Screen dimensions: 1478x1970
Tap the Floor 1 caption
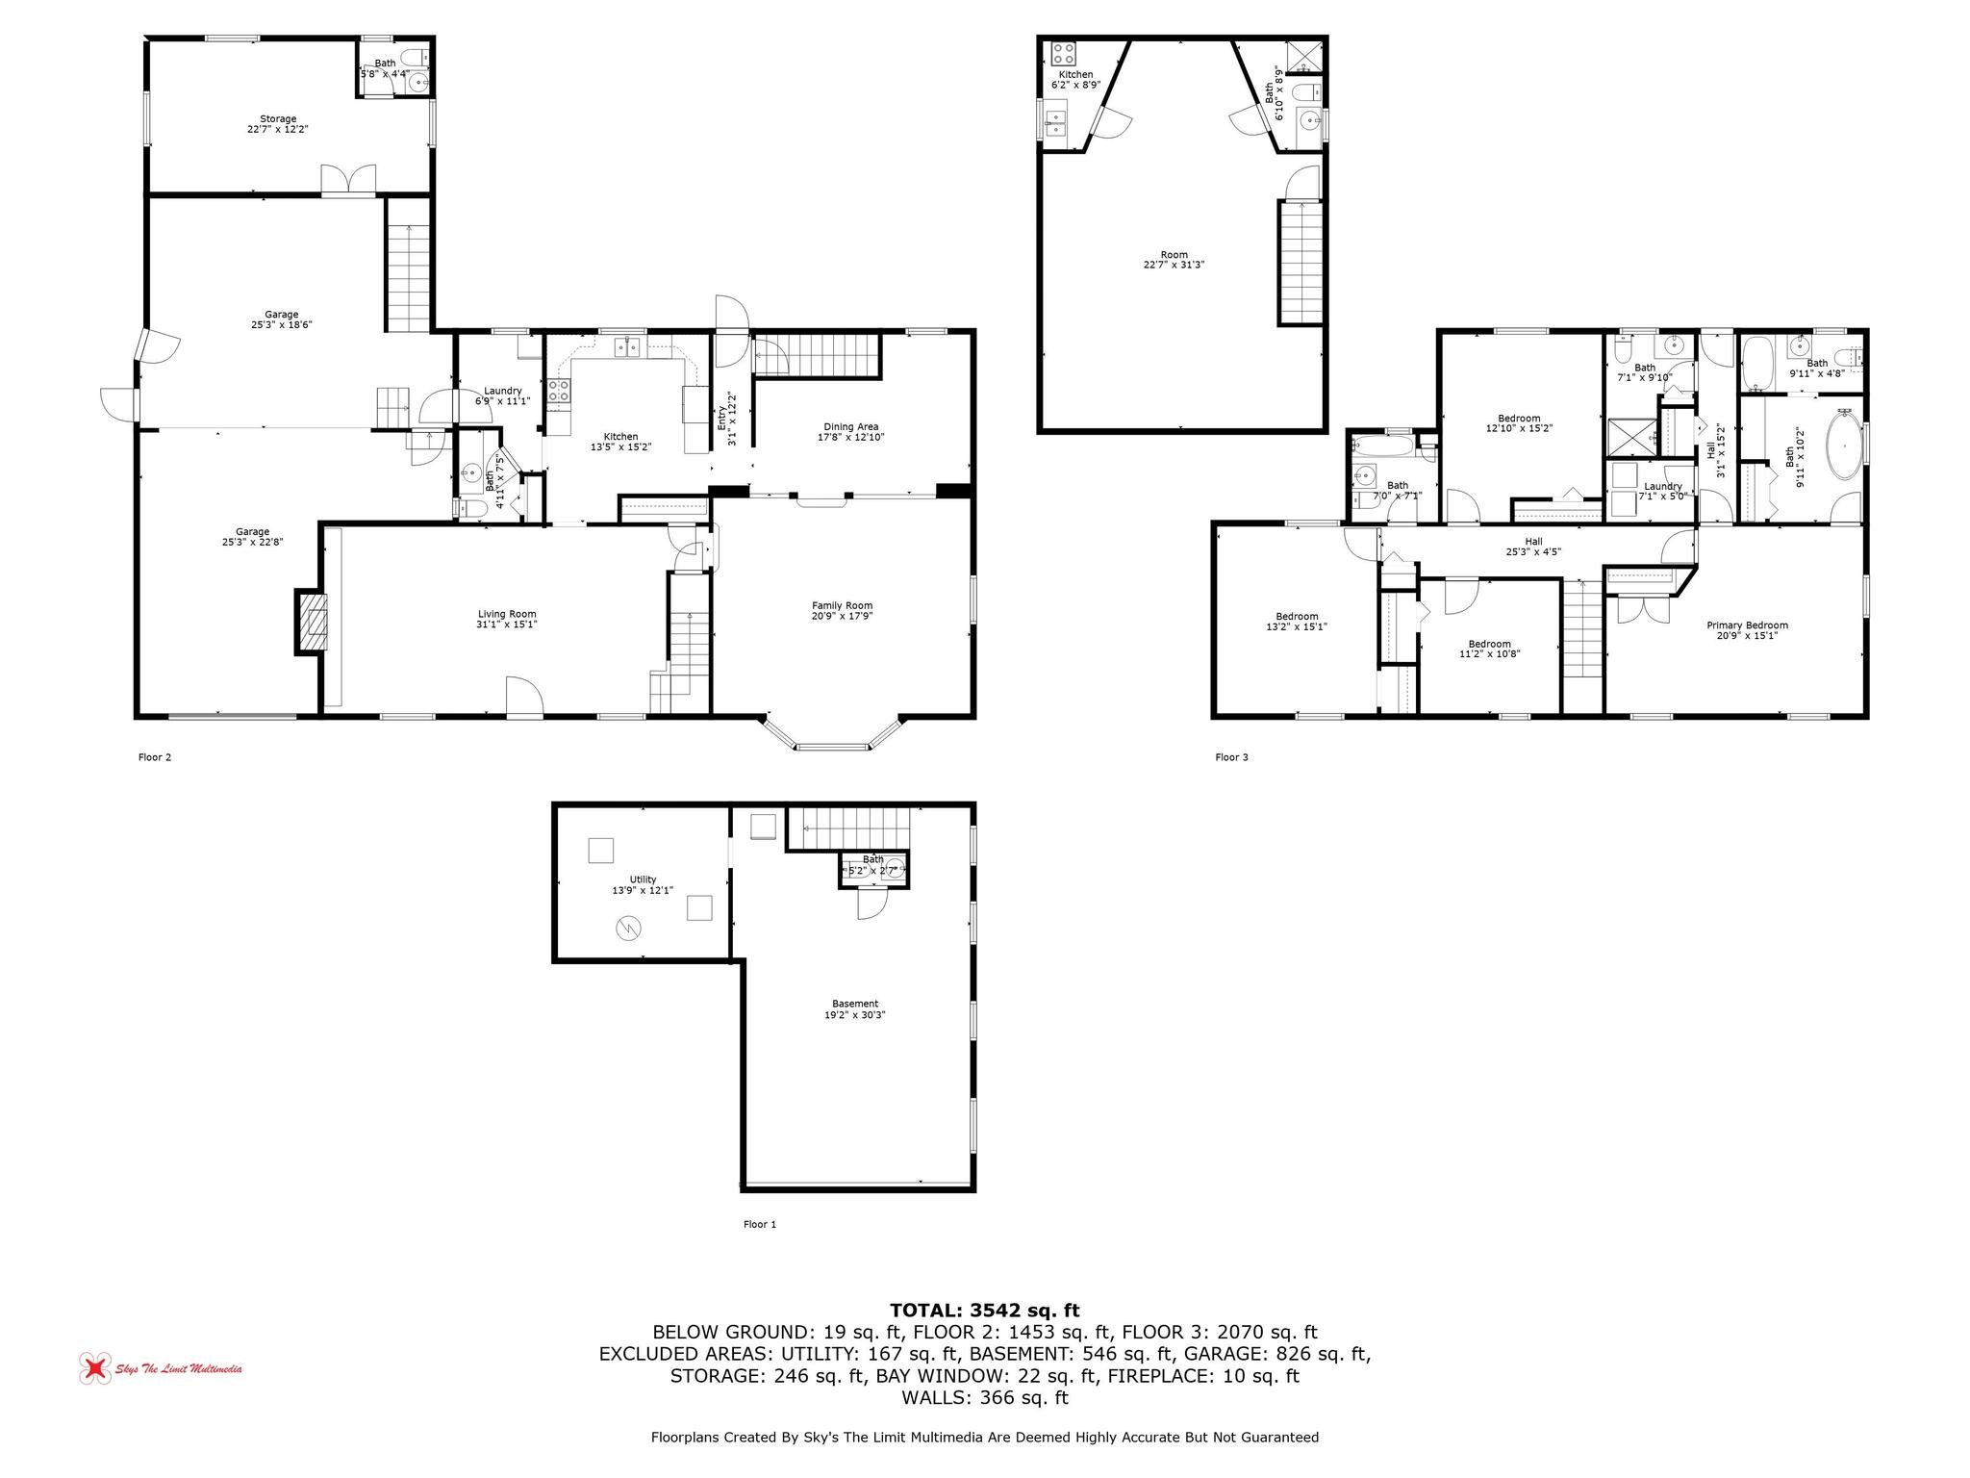[759, 1224]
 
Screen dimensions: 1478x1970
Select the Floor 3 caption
[1231, 757]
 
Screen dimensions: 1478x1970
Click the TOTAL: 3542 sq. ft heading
[984, 1310]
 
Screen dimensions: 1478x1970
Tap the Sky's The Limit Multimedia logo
[161, 1368]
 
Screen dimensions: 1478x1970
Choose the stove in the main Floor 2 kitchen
[559, 390]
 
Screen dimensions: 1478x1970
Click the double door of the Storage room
[347, 180]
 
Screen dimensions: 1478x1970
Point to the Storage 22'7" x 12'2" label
[278, 123]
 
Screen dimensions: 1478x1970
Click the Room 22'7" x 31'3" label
[1174, 260]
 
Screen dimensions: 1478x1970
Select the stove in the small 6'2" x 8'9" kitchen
[1063, 52]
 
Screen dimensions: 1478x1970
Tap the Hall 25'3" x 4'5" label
[1532, 547]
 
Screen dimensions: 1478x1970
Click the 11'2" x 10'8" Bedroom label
[1489, 649]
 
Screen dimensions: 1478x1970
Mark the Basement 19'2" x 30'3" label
[855, 1008]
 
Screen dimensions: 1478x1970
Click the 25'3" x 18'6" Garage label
[281, 319]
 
